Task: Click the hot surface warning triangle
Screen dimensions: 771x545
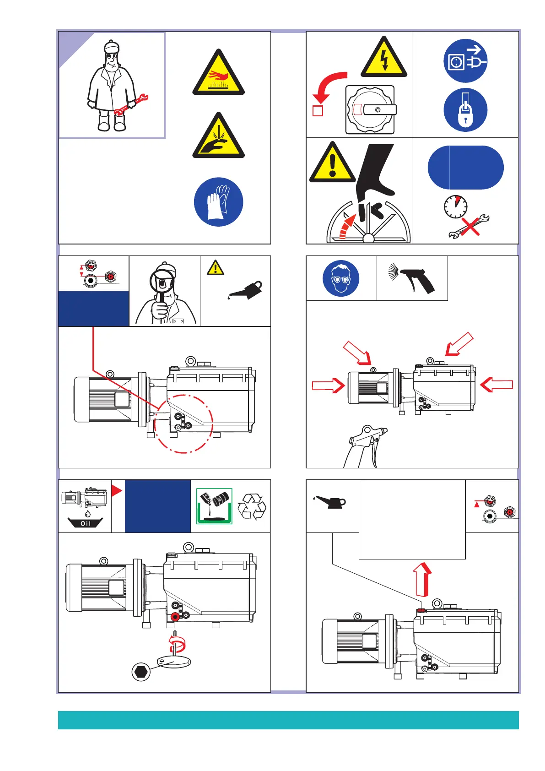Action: click(219, 75)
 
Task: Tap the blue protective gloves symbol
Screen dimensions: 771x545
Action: click(218, 202)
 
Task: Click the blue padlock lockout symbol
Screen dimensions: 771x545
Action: click(465, 110)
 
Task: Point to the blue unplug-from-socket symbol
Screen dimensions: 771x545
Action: click(465, 61)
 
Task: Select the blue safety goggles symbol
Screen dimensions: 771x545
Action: click(340, 278)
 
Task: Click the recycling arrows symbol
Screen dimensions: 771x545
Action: click(252, 506)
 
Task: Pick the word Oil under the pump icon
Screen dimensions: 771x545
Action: click(86, 523)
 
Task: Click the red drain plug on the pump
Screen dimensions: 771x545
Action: click(174, 617)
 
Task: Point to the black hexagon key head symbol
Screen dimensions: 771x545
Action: click(141, 672)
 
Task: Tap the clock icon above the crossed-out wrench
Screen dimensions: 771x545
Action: click(455, 207)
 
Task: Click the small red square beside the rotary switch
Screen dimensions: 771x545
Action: click(318, 111)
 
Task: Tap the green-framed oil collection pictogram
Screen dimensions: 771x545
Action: click(214, 506)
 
